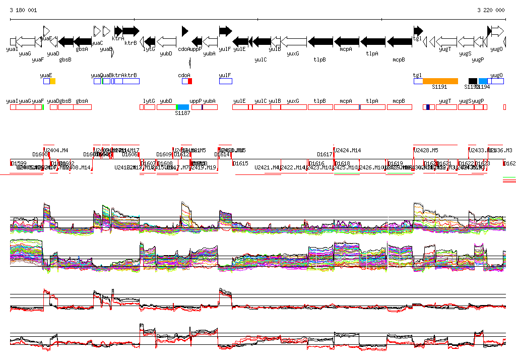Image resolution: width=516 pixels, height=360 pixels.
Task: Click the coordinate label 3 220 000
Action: pyautogui.click(x=490, y=10)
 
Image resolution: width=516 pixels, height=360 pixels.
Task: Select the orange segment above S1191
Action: pyautogui.click(x=440, y=81)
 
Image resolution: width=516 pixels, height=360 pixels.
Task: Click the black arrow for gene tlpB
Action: pyautogui.click(x=320, y=42)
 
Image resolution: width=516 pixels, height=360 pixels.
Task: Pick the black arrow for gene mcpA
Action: pyautogui.click(x=346, y=42)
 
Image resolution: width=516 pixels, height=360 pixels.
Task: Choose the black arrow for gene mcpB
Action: pyautogui.click(x=399, y=42)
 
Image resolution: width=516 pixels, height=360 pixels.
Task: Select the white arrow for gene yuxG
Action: pyautogui.click(x=293, y=42)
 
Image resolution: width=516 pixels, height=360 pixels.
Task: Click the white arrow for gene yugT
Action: pyautogui.click(x=445, y=42)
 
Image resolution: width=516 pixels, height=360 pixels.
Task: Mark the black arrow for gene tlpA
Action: pyautogui.click(x=372, y=42)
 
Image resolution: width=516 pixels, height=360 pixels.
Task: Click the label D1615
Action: pyautogui.click(x=241, y=163)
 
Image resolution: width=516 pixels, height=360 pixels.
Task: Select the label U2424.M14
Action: pyautogui.click(x=349, y=150)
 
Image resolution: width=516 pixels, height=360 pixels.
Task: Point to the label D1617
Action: pyautogui.click(x=325, y=154)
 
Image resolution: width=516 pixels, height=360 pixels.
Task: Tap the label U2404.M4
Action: pyautogui.click(x=56, y=150)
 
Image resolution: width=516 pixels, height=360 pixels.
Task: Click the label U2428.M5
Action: pyautogui.click(x=426, y=150)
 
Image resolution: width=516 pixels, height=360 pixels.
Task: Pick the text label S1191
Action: pyautogui.click(x=439, y=87)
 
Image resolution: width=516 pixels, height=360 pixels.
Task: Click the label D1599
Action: pyautogui.click(x=19, y=163)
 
